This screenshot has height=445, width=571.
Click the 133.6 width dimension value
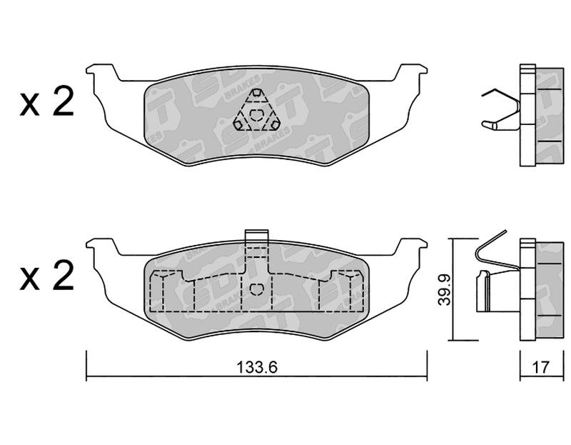[x=257, y=367]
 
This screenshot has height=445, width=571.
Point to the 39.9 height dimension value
[x=445, y=290]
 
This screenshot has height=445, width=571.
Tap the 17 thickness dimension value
[x=540, y=367]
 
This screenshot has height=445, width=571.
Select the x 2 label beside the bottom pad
[x=47, y=276]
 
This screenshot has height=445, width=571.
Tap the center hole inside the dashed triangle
[x=256, y=115]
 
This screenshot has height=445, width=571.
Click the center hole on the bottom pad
[x=256, y=289]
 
